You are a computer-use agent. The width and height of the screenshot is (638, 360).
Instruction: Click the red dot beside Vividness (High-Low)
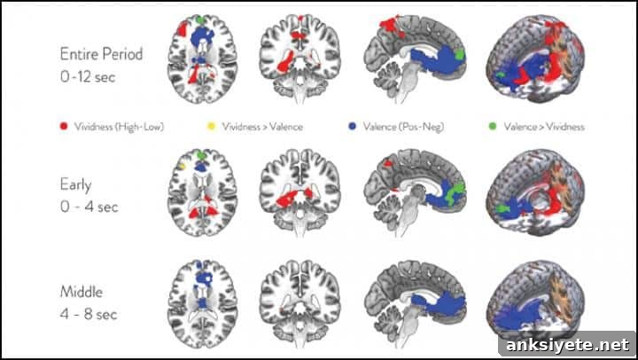(x=64, y=126)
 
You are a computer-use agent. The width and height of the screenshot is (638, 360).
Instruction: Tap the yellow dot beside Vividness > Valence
(x=210, y=127)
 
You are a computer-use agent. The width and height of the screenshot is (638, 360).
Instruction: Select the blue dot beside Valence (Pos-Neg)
(x=353, y=127)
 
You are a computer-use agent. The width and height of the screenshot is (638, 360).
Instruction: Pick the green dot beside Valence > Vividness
(x=493, y=127)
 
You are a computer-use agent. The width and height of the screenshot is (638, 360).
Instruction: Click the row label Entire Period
(x=101, y=54)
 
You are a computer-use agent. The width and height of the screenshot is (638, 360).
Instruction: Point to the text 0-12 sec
(x=88, y=76)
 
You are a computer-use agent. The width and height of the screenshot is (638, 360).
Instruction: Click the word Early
(x=75, y=185)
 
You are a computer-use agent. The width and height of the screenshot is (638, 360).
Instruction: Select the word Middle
(x=82, y=292)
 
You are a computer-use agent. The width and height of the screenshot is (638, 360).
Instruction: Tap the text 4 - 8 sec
(x=89, y=314)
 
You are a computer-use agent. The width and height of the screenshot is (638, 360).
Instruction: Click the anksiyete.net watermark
(x=568, y=345)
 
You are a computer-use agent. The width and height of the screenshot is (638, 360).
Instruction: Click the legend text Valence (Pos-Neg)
(x=404, y=127)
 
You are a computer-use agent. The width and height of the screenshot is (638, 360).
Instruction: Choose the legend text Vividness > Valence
(x=262, y=127)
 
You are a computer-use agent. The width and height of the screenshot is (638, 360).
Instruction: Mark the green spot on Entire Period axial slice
(x=199, y=20)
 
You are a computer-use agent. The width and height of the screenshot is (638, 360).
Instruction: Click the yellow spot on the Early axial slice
(x=183, y=166)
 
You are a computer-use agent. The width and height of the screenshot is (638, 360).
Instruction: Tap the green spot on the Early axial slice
(x=201, y=155)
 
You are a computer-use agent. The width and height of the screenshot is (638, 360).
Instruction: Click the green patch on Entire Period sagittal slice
(x=460, y=54)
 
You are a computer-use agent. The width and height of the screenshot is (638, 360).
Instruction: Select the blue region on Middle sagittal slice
(x=440, y=305)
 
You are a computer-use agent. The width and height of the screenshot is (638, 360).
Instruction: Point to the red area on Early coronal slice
(x=294, y=197)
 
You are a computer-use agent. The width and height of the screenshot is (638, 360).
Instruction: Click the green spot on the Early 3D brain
(x=502, y=209)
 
